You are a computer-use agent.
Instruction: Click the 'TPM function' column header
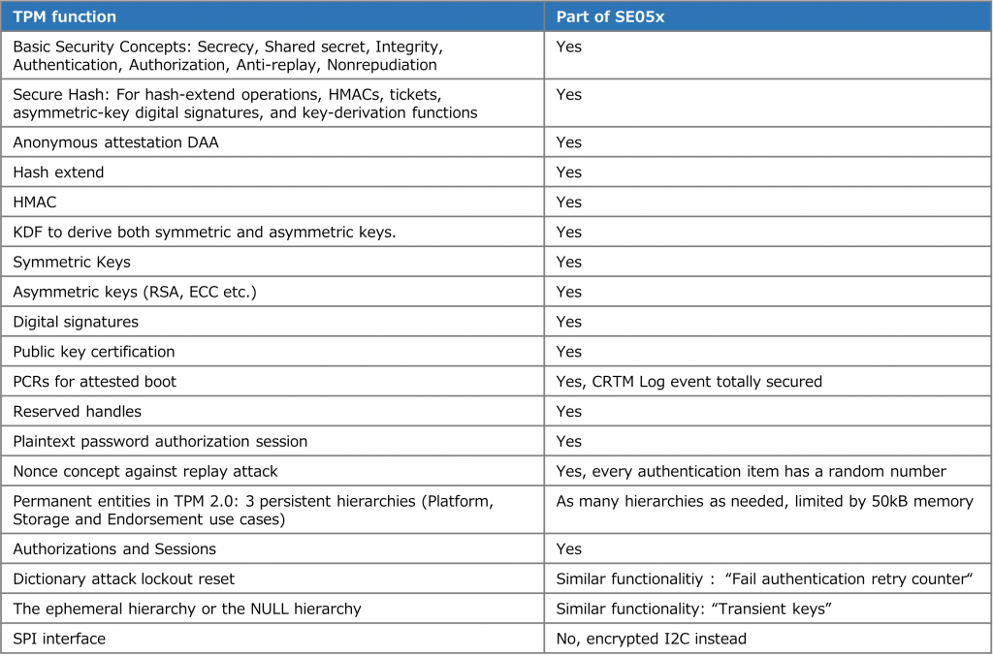[x=64, y=16]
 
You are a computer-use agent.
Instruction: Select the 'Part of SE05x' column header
[x=610, y=16]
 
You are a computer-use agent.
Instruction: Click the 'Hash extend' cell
[x=58, y=172]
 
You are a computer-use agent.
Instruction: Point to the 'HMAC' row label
[x=36, y=203]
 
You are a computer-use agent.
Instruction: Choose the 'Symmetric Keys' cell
[x=71, y=262]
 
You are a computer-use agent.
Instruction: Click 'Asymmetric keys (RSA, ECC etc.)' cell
[x=135, y=292]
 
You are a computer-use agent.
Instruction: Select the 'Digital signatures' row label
[x=76, y=322]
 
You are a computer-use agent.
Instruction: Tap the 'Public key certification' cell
[x=94, y=352]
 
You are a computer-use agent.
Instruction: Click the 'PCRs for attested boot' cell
[x=94, y=382]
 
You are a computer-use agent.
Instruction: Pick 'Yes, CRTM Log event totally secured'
[x=689, y=382]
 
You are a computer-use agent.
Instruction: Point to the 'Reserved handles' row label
[x=77, y=412]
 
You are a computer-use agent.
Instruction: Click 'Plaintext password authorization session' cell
[x=160, y=442]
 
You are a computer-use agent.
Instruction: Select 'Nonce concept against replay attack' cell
[x=145, y=472]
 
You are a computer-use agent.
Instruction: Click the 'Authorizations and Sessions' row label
[x=114, y=549]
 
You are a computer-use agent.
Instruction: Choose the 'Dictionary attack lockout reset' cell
[x=123, y=579]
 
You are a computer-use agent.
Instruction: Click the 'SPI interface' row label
[x=59, y=640]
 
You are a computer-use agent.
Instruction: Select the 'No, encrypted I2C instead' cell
[x=651, y=640]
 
